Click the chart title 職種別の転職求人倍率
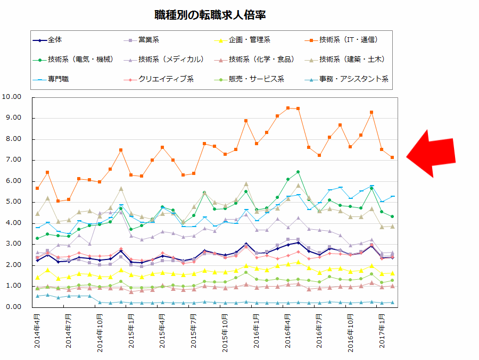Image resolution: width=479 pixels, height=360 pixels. (x=210, y=15)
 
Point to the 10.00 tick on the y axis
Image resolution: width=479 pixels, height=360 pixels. (x=11, y=97)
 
